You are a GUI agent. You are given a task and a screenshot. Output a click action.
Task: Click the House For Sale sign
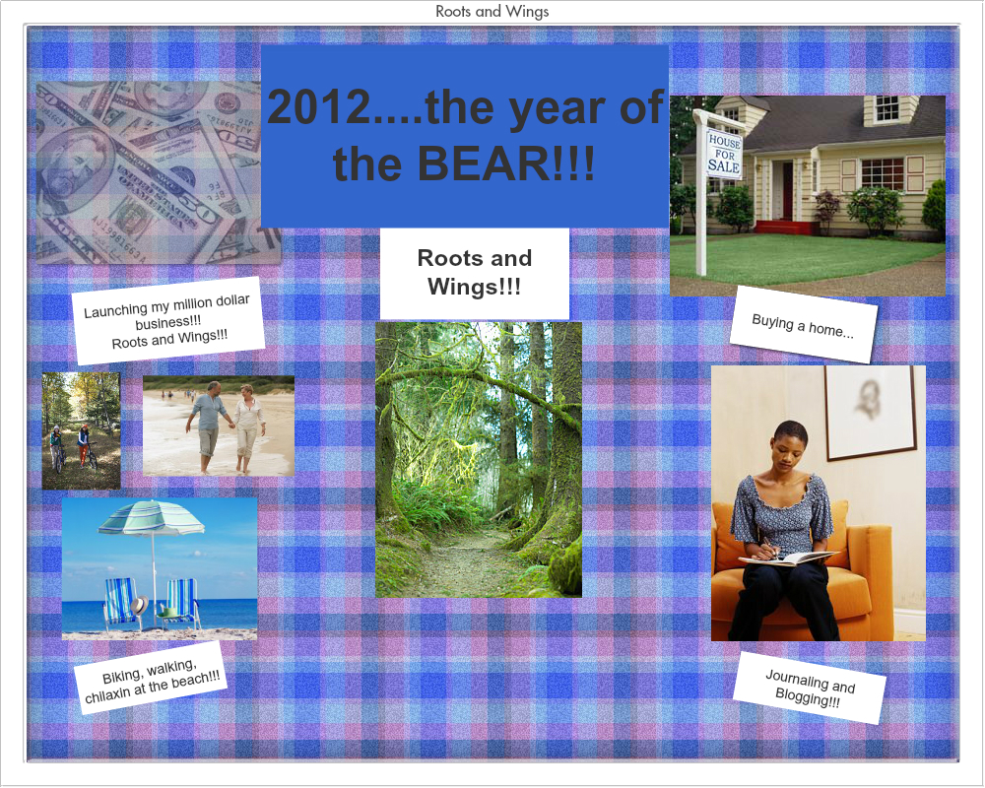coord(724,153)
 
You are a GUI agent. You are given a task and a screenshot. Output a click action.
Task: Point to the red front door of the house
coord(787,190)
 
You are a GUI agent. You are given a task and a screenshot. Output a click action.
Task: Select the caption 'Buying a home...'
coord(803,324)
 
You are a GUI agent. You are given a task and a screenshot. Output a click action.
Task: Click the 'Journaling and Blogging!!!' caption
coord(810,687)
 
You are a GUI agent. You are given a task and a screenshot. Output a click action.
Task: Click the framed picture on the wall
coord(870,412)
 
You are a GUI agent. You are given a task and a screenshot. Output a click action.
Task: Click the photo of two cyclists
coord(81,430)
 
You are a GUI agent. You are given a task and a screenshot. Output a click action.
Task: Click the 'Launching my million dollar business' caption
coord(169,321)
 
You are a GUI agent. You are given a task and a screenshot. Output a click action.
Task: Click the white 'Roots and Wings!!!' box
coord(474,273)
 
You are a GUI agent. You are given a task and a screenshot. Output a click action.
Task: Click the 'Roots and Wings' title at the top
coord(492,12)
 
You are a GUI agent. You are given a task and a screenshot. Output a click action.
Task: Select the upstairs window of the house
coord(886,106)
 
